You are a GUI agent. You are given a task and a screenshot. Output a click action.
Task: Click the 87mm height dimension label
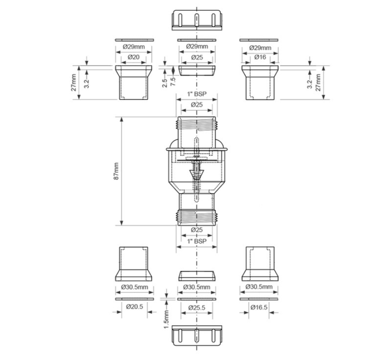click(x=116, y=171)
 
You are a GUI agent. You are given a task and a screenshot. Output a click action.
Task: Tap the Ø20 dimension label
click(x=134, y=57)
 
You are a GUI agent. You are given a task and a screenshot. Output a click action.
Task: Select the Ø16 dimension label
click(x=260, y=57)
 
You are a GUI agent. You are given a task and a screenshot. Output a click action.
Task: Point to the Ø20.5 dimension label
click(x=135, y=306)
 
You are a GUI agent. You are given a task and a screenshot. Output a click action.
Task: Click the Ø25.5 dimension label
click(x=197, y=307)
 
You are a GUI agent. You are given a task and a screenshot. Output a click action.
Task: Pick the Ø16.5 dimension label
click(x=259, y=307)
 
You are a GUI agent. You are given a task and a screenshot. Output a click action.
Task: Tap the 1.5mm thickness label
click(x=167, y=319)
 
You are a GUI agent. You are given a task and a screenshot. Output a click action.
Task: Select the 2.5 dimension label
click(x=164, y=83)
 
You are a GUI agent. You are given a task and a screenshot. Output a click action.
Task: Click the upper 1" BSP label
click(x=197, y=94)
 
